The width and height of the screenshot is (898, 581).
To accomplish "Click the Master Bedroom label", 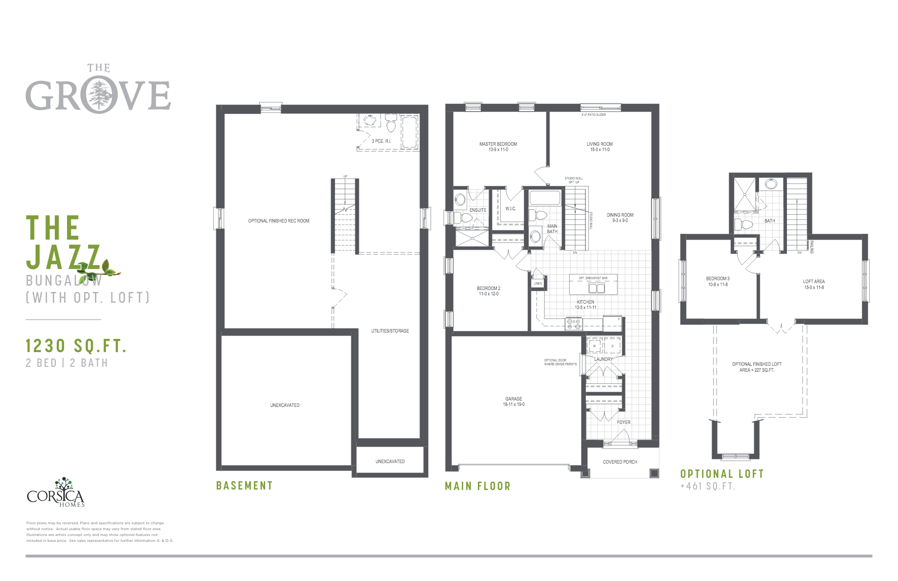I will click(x=498, y=144).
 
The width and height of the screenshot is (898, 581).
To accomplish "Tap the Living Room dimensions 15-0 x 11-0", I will click(x=600, y=150).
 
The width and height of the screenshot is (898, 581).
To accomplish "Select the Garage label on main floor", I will click(x=514, y=399).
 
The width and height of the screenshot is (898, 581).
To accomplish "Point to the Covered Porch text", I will click(x=620, y=462).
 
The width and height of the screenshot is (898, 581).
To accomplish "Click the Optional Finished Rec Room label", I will click(x=279, y=221).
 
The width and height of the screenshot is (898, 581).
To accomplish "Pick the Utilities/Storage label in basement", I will click(x=390, y=331).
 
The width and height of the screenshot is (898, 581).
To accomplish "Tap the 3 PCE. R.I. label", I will click(x=381, y=141).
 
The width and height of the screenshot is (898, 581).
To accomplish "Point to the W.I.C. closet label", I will click(x=511, y=209).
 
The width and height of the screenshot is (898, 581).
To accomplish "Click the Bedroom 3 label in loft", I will click(x=718, y=279).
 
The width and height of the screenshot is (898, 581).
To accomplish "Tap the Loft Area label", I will click(x=813, y=282).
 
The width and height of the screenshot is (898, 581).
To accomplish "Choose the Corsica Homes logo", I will click(x=55, y=494).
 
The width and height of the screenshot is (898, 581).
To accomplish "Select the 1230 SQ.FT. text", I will click(x=76, y=346).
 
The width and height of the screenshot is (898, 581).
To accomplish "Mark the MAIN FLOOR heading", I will click(x=477, y=486).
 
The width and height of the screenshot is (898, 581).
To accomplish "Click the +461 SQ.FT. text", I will click(x=707, y=486).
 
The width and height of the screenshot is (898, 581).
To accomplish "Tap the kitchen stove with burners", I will click(x=574, y=324).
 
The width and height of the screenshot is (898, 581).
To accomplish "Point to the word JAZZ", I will click(x=64, y=257).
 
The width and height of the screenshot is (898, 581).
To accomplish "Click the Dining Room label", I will click(x=620, y=215).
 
